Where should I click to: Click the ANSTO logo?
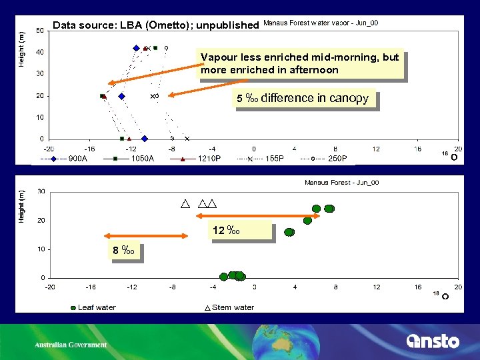point(433,341)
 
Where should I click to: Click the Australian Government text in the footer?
point(71,345)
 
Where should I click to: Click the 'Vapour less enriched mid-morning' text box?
point(300,63)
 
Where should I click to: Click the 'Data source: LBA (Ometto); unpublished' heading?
point(155,25)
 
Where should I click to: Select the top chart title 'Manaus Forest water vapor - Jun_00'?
point(321,23)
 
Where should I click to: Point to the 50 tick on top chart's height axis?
point(41,30)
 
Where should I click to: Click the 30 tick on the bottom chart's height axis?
point(41,191)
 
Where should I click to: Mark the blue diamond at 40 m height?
point(136,48)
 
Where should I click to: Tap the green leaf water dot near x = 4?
point(289,232)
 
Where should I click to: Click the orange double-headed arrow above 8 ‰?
point(147,235)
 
